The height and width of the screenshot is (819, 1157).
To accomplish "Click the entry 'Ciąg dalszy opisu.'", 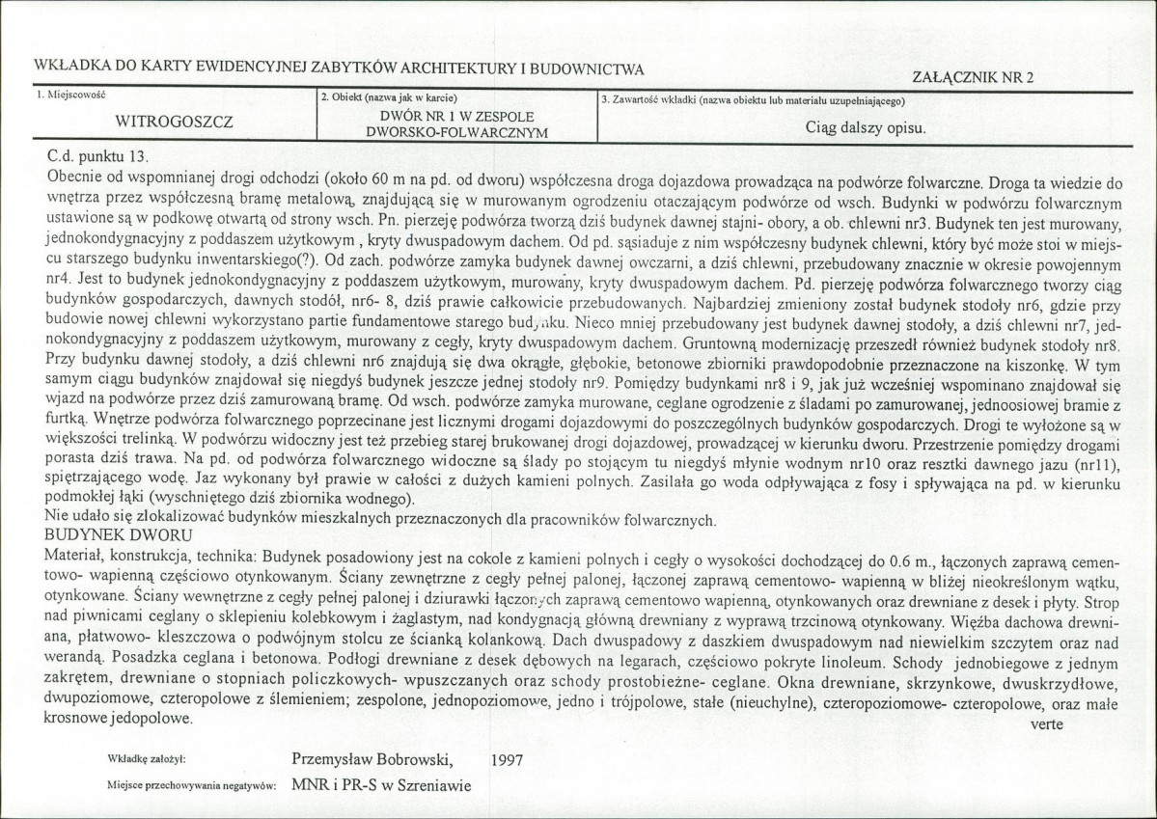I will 866,126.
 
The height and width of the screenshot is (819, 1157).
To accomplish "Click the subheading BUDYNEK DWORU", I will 119,536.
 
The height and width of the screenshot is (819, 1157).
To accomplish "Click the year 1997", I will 506,759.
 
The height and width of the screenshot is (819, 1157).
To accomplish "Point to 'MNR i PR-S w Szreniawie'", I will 381,784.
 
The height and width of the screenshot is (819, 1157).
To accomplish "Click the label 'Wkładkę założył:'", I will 154,761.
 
